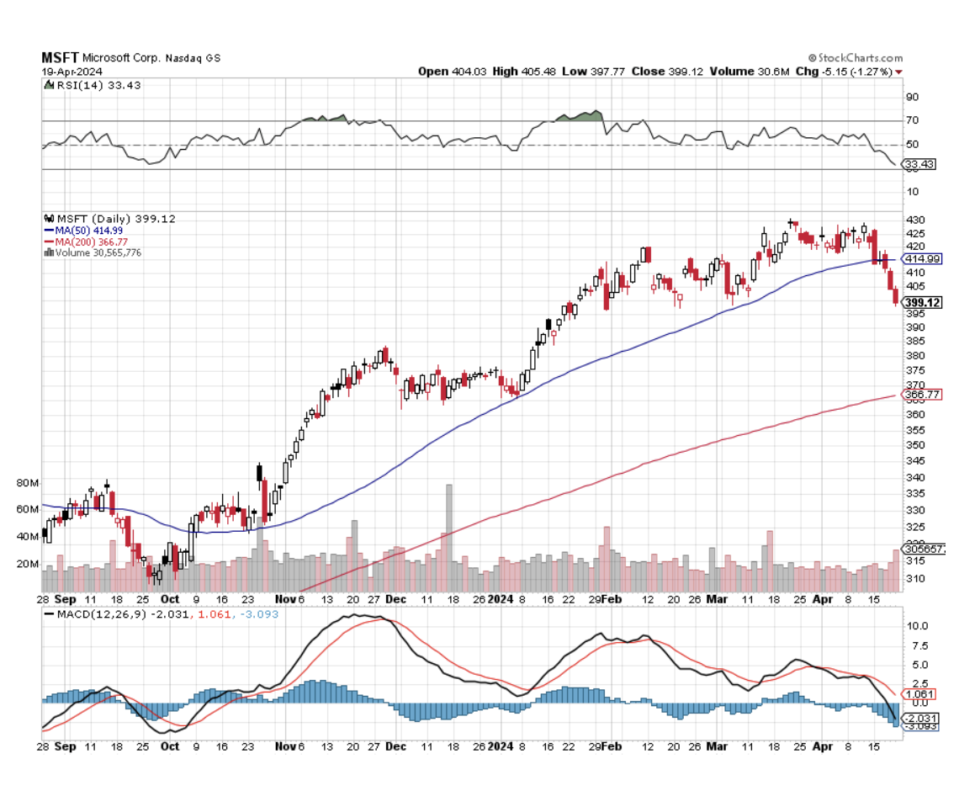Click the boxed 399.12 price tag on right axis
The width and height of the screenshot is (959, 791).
(921, 302)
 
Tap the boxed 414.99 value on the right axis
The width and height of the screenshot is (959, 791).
(921, 259)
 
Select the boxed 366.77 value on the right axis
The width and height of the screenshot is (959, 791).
(921, 395)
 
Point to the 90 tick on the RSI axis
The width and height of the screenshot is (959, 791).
(911, 97)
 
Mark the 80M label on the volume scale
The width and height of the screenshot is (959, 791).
(28, 483)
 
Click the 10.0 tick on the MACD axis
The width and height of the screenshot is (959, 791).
(915, 626)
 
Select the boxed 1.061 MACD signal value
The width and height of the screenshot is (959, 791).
(919, 693)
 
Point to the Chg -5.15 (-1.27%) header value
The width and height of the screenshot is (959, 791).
(849, 72)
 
